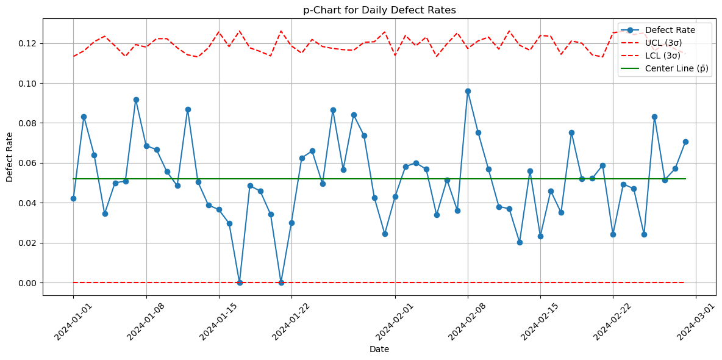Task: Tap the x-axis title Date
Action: pos(379,350)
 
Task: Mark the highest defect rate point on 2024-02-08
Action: pos(468,91)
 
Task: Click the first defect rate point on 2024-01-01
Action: pos(73,198)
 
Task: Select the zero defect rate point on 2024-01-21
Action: pos(281,283)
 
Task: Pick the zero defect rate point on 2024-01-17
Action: pos(240,283)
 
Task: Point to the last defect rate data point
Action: pos(685,142)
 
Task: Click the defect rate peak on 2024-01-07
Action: pos(136,99)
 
